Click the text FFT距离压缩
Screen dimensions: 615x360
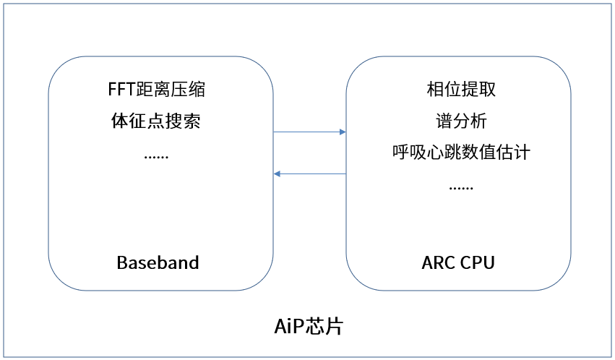click(x=157, y=90)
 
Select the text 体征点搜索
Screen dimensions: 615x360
click(x=156, y=121)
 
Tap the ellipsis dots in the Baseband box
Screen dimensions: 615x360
click(x=156, y=157)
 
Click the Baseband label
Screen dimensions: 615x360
click(x=158, y=262)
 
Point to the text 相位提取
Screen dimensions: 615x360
click(x=461, y=90)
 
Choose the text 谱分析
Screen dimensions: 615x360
click(x=461, y=121)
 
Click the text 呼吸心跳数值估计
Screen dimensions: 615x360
click(x=461, y=152)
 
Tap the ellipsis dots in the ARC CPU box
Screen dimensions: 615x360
click(x=461, y=188)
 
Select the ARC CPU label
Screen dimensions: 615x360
click(x=458, y=262)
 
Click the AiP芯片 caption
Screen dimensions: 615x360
click(x=309, y=326)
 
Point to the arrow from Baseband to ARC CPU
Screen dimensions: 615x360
click(x=309, y=132)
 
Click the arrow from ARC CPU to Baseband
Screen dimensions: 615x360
click(x=309, y=173)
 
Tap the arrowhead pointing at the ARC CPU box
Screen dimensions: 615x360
click(x=343, y=132)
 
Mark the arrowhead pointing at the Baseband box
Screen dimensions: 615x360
click(x=277, y=173)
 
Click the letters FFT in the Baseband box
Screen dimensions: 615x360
click(x=121, y=90)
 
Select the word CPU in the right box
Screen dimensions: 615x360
click(x=478, y=262)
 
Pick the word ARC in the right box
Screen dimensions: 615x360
click(x=438, y=262)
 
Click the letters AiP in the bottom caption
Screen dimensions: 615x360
click(x=289, y=327)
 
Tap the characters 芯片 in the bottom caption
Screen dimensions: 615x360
click(x=324, y=326)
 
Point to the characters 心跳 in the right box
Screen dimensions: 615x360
click(x=444, y=152)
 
